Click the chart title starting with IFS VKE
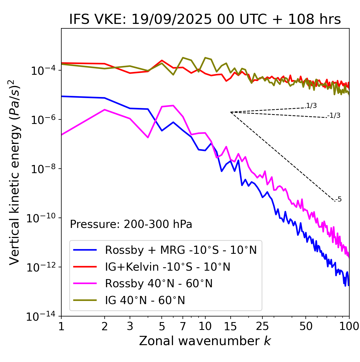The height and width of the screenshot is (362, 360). (x=205, y=20)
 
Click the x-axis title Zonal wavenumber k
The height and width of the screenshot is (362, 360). (x=205, y=341)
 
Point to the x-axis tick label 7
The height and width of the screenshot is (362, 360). (x=183, y=326)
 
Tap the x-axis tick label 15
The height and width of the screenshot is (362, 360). (x=230, y=326)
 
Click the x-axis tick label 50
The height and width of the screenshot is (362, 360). (x=306, y=326)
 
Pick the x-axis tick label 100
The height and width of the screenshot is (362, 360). (x=349, y=326)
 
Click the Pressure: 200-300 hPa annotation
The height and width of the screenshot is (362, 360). (x=131, y=224)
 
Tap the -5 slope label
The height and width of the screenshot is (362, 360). (x=338, y=200)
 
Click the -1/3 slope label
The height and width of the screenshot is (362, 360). (x=334, y=116)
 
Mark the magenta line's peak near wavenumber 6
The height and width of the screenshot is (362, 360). (x=173, y=105)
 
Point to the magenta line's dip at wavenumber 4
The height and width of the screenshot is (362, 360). (x=148, y=137)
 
